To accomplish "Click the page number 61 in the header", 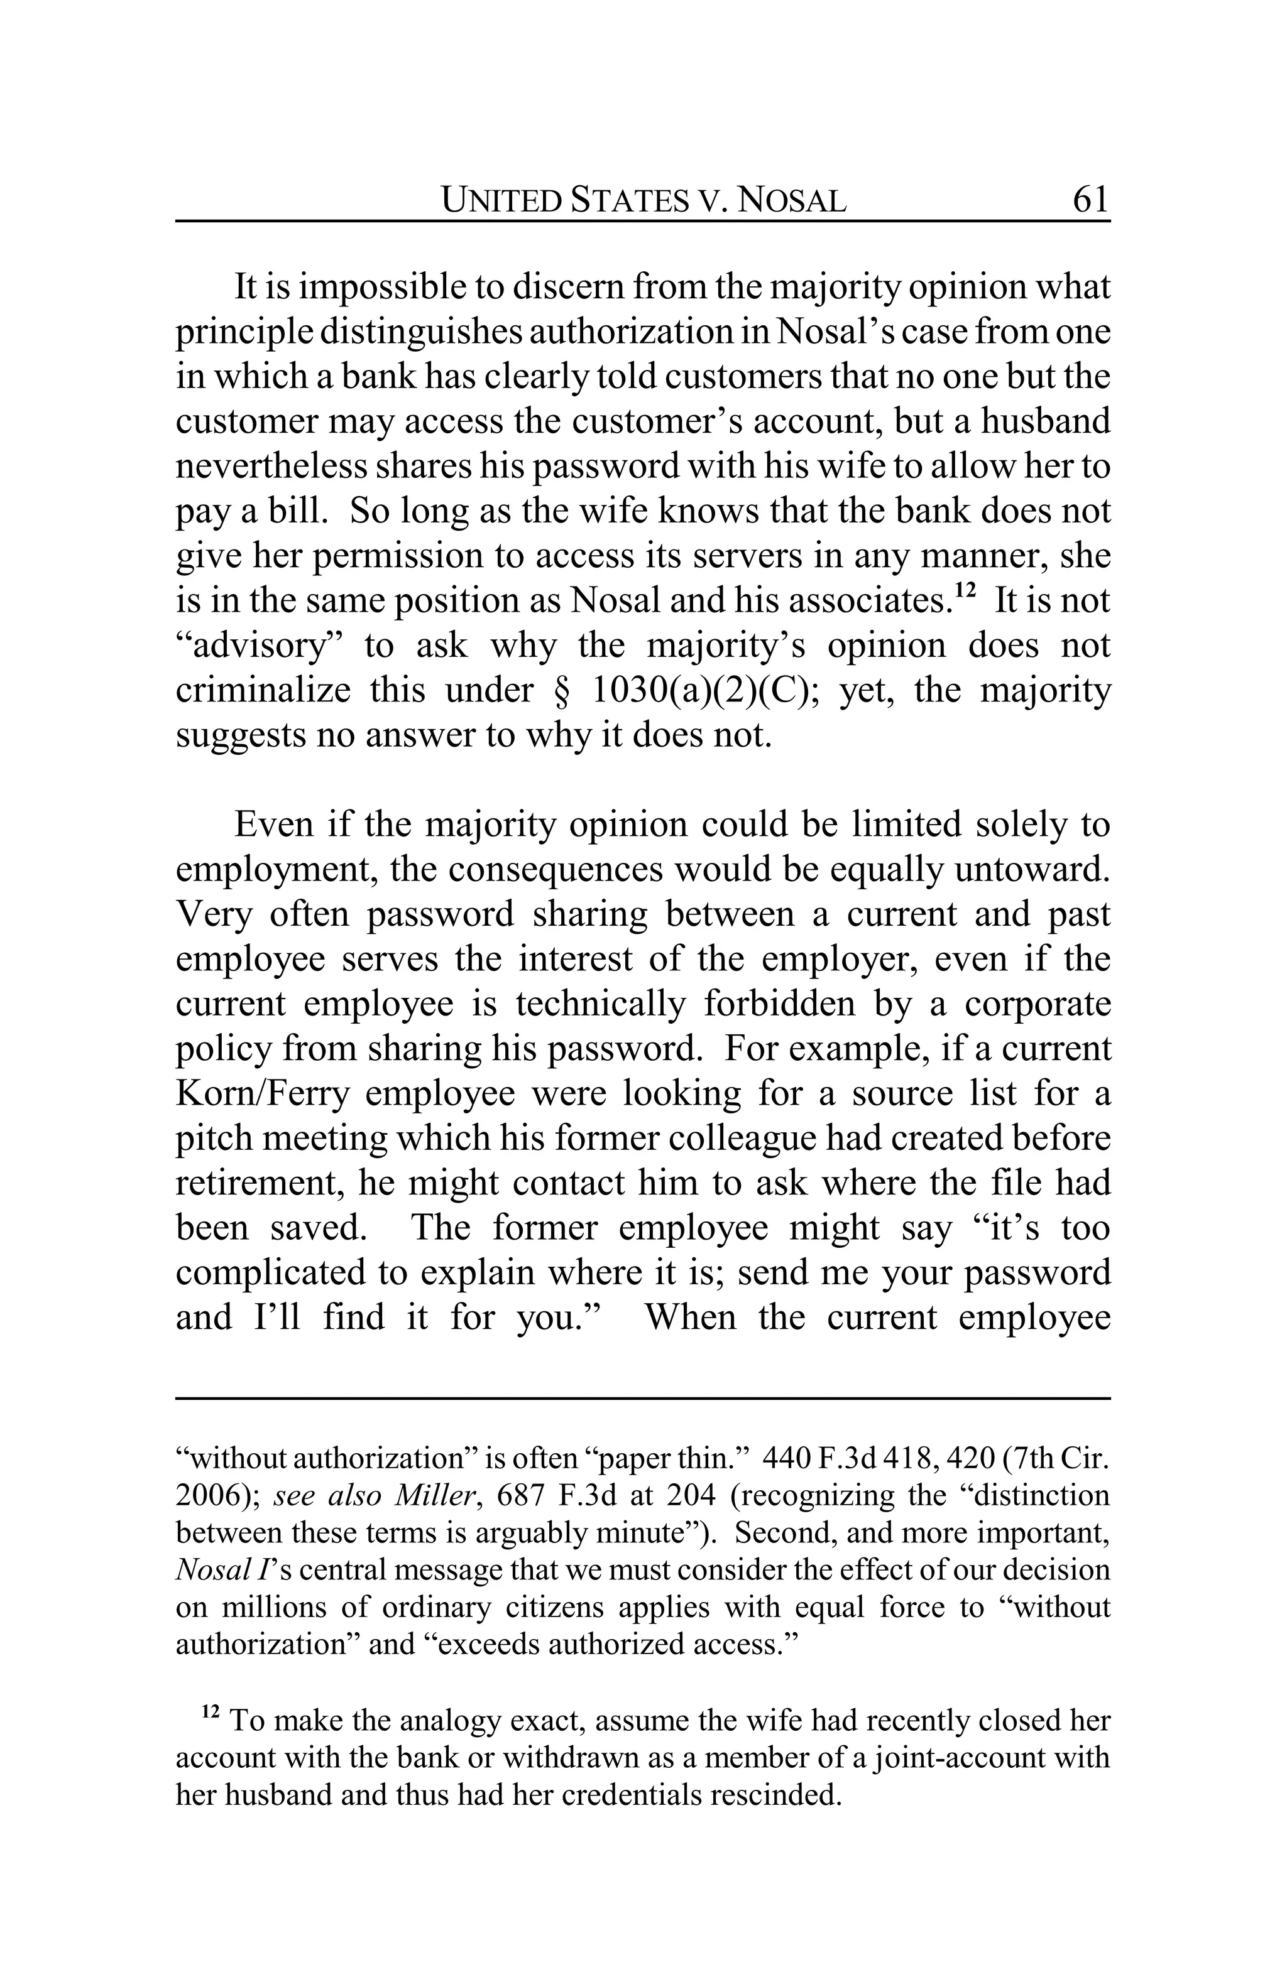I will click(1090, 200).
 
